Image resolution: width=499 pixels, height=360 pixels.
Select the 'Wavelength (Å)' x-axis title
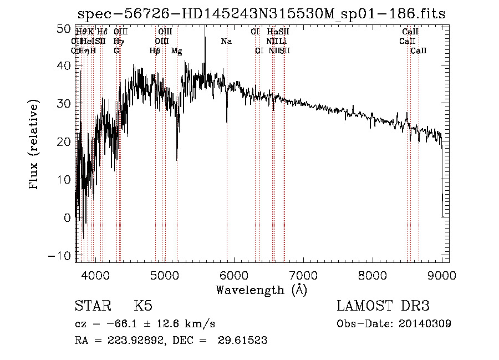click(x=262, y=290)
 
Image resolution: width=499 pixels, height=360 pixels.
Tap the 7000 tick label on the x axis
click(x=303, y=275)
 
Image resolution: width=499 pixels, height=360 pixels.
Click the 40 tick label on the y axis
click(x=65, y=65)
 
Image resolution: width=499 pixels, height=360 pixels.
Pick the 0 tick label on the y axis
click(x=68, y=218)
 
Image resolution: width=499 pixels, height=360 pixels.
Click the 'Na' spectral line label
click(x=226, y=42)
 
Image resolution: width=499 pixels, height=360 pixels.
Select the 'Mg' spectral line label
click(x=177, y=51)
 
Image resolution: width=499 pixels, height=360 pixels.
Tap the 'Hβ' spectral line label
click(x=155, y=51)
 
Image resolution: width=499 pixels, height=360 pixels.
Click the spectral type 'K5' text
click(x=143, y=307)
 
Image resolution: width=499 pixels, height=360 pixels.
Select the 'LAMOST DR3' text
click(x=383, y=307)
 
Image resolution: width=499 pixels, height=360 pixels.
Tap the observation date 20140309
click(x=427, y=324)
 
